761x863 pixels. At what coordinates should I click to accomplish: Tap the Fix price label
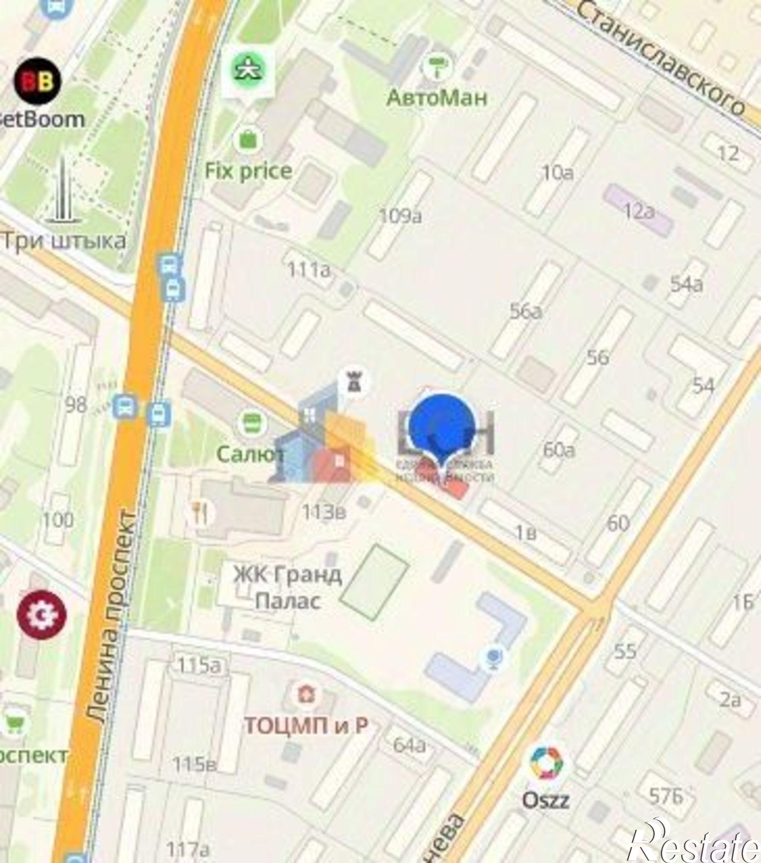[248, 171]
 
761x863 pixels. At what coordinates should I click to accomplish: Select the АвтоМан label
[437, 98]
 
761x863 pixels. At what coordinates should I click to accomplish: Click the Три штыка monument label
[65, 240]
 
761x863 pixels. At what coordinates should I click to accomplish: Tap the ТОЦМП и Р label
[306, 725]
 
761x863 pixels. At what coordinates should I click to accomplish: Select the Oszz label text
[546, 788]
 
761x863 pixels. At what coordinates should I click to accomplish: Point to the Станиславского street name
[661, 56]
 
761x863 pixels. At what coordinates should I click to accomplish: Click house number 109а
[400, 216]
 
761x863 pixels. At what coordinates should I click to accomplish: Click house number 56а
[526, 312]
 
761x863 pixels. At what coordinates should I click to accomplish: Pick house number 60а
[559, 450]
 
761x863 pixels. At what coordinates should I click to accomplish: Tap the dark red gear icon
[42, 615]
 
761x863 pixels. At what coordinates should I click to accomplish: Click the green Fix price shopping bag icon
[248, 139]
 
